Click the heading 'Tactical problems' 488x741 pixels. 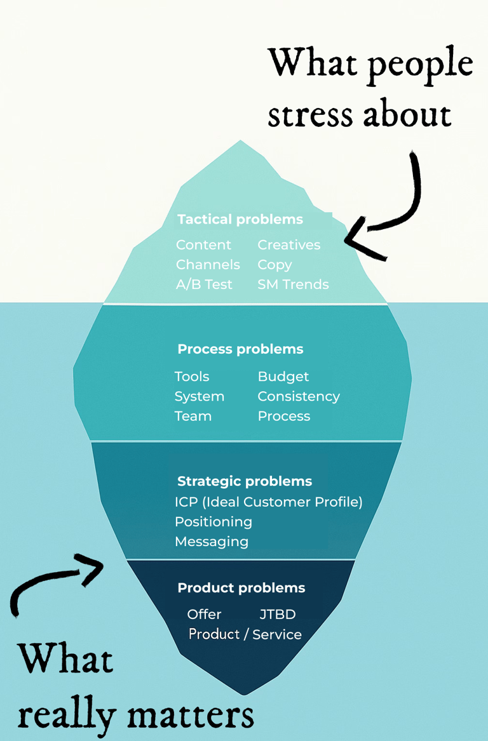point(240,220)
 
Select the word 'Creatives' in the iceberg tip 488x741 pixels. point(288,245)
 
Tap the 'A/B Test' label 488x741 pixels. point(204,284)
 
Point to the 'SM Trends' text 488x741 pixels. point(293,284)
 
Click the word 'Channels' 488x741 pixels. point(208,265)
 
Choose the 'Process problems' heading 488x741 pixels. point(240,349)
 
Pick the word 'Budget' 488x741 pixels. point(283,377)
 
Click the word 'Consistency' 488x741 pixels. point(299,396)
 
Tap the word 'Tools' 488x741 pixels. point(192,377)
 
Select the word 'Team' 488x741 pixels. point(193,416)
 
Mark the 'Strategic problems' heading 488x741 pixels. point(245,481)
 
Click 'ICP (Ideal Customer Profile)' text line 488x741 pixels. point(268,502)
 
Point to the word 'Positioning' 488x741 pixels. point(213,522)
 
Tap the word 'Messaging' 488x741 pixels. point(212,542)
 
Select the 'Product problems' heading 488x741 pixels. point(241,588)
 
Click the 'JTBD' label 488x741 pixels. point(278,615)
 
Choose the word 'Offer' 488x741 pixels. point(204,615)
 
